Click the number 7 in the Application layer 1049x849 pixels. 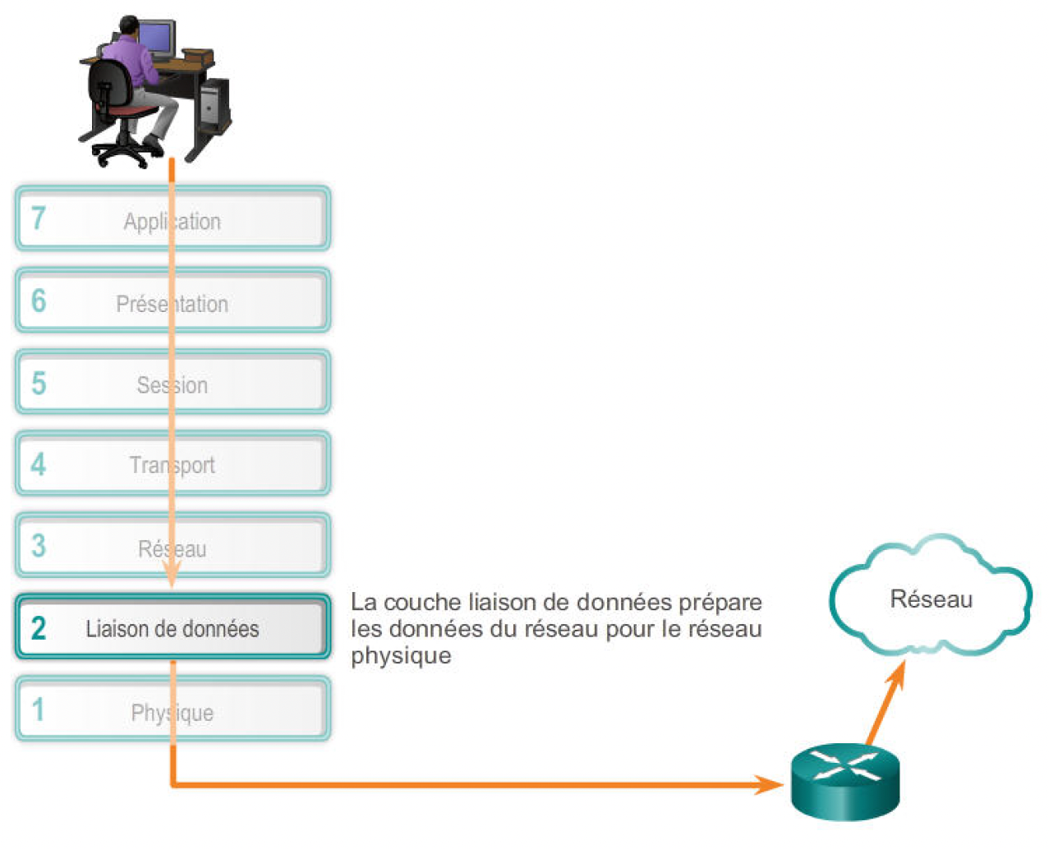[38, 218]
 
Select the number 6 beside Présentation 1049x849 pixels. [39, 301]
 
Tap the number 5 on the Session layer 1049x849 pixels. [39, 383]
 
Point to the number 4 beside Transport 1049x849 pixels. [39, 465]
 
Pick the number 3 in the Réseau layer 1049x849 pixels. [39, 546]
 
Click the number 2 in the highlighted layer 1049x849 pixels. [39, 628]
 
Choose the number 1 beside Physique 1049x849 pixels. [38, 709]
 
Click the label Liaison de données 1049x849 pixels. [172, 629]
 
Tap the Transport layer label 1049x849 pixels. [172, 466]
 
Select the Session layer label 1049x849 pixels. [172, 385]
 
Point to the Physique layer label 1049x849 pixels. [172, 713]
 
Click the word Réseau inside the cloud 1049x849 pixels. [931, 599]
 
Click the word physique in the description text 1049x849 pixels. [401, 656]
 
